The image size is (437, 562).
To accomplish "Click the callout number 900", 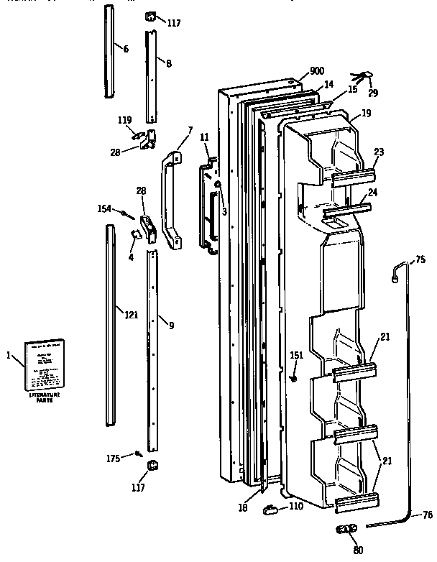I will pyautogui.click(x=317, y=70).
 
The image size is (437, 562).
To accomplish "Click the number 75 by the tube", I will pyautogui.click(x=420, y=260).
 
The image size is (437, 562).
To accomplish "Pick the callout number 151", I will pyautogui.click(x=296, y=355).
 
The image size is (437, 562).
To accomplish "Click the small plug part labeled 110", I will pyautogui.click(x=271, y=510).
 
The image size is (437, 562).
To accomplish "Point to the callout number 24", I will pyautogui.click(x=374, y=193).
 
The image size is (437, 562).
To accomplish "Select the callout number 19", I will pyautogui.click(x=366, y=113).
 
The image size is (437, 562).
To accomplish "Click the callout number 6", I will pyautogui.click(x=125, y=49).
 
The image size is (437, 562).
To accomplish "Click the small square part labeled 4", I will pyautogui.click(x=134, y=234).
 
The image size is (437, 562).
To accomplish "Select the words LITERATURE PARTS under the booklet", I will pyautogui.click(x=45, y=398).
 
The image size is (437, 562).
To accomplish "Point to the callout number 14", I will pyautogui.click(x=328, y=84).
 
